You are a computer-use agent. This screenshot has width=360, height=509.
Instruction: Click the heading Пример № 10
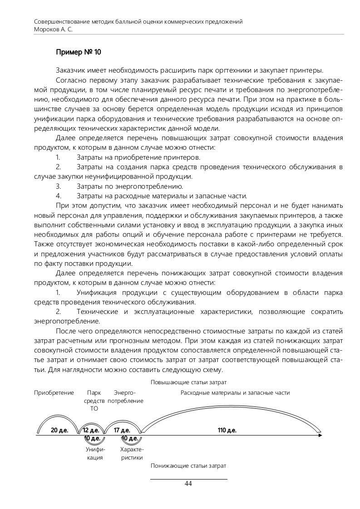[x=79, y=52]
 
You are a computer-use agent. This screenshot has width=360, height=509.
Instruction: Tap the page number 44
[x=188, y=484]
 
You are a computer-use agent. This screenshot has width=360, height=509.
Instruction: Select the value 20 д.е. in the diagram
[x=59, y=430]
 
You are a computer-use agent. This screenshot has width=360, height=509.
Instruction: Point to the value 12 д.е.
[x=91, y=430]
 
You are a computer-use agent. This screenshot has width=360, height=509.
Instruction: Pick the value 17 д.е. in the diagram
[x=122, y=430]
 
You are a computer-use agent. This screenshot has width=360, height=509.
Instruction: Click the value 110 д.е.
[x=227, y=430]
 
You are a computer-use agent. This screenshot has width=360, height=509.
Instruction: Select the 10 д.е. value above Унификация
[x=92, y=438]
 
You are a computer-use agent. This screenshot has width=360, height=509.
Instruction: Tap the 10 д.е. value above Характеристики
[x=130, y=438]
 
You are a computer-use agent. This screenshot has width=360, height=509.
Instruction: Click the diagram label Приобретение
[x=54, y=393]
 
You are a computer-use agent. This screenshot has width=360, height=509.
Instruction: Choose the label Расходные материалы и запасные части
[x=235, y=393]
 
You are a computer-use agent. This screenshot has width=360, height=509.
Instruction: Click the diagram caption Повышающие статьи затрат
[x=188, y=382]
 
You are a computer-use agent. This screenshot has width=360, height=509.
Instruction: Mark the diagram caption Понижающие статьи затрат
[x=188, y=466]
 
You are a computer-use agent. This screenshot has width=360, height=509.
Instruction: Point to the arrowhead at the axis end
[x=321, y=435]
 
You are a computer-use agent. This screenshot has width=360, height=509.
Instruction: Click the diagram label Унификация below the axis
[x=95, y=453]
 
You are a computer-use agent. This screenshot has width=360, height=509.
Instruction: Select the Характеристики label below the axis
[x=132, y=453]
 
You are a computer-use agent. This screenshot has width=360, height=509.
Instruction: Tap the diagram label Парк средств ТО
[x=94, y=401]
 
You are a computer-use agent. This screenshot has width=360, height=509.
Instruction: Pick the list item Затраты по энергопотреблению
[x=129, y=186]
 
